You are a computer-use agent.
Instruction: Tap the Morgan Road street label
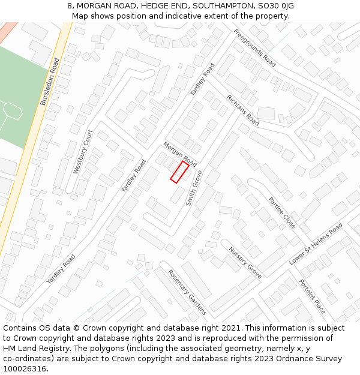180,155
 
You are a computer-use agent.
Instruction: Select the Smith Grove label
194,188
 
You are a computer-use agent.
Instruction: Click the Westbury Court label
83,152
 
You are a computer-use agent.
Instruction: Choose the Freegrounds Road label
254,47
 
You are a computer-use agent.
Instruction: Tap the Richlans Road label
242,110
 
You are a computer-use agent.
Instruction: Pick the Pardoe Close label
281,213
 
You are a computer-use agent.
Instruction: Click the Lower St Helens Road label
316,244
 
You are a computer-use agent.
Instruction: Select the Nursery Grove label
245,263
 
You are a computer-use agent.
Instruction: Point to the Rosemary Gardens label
187,292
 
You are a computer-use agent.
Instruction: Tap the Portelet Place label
312,297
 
